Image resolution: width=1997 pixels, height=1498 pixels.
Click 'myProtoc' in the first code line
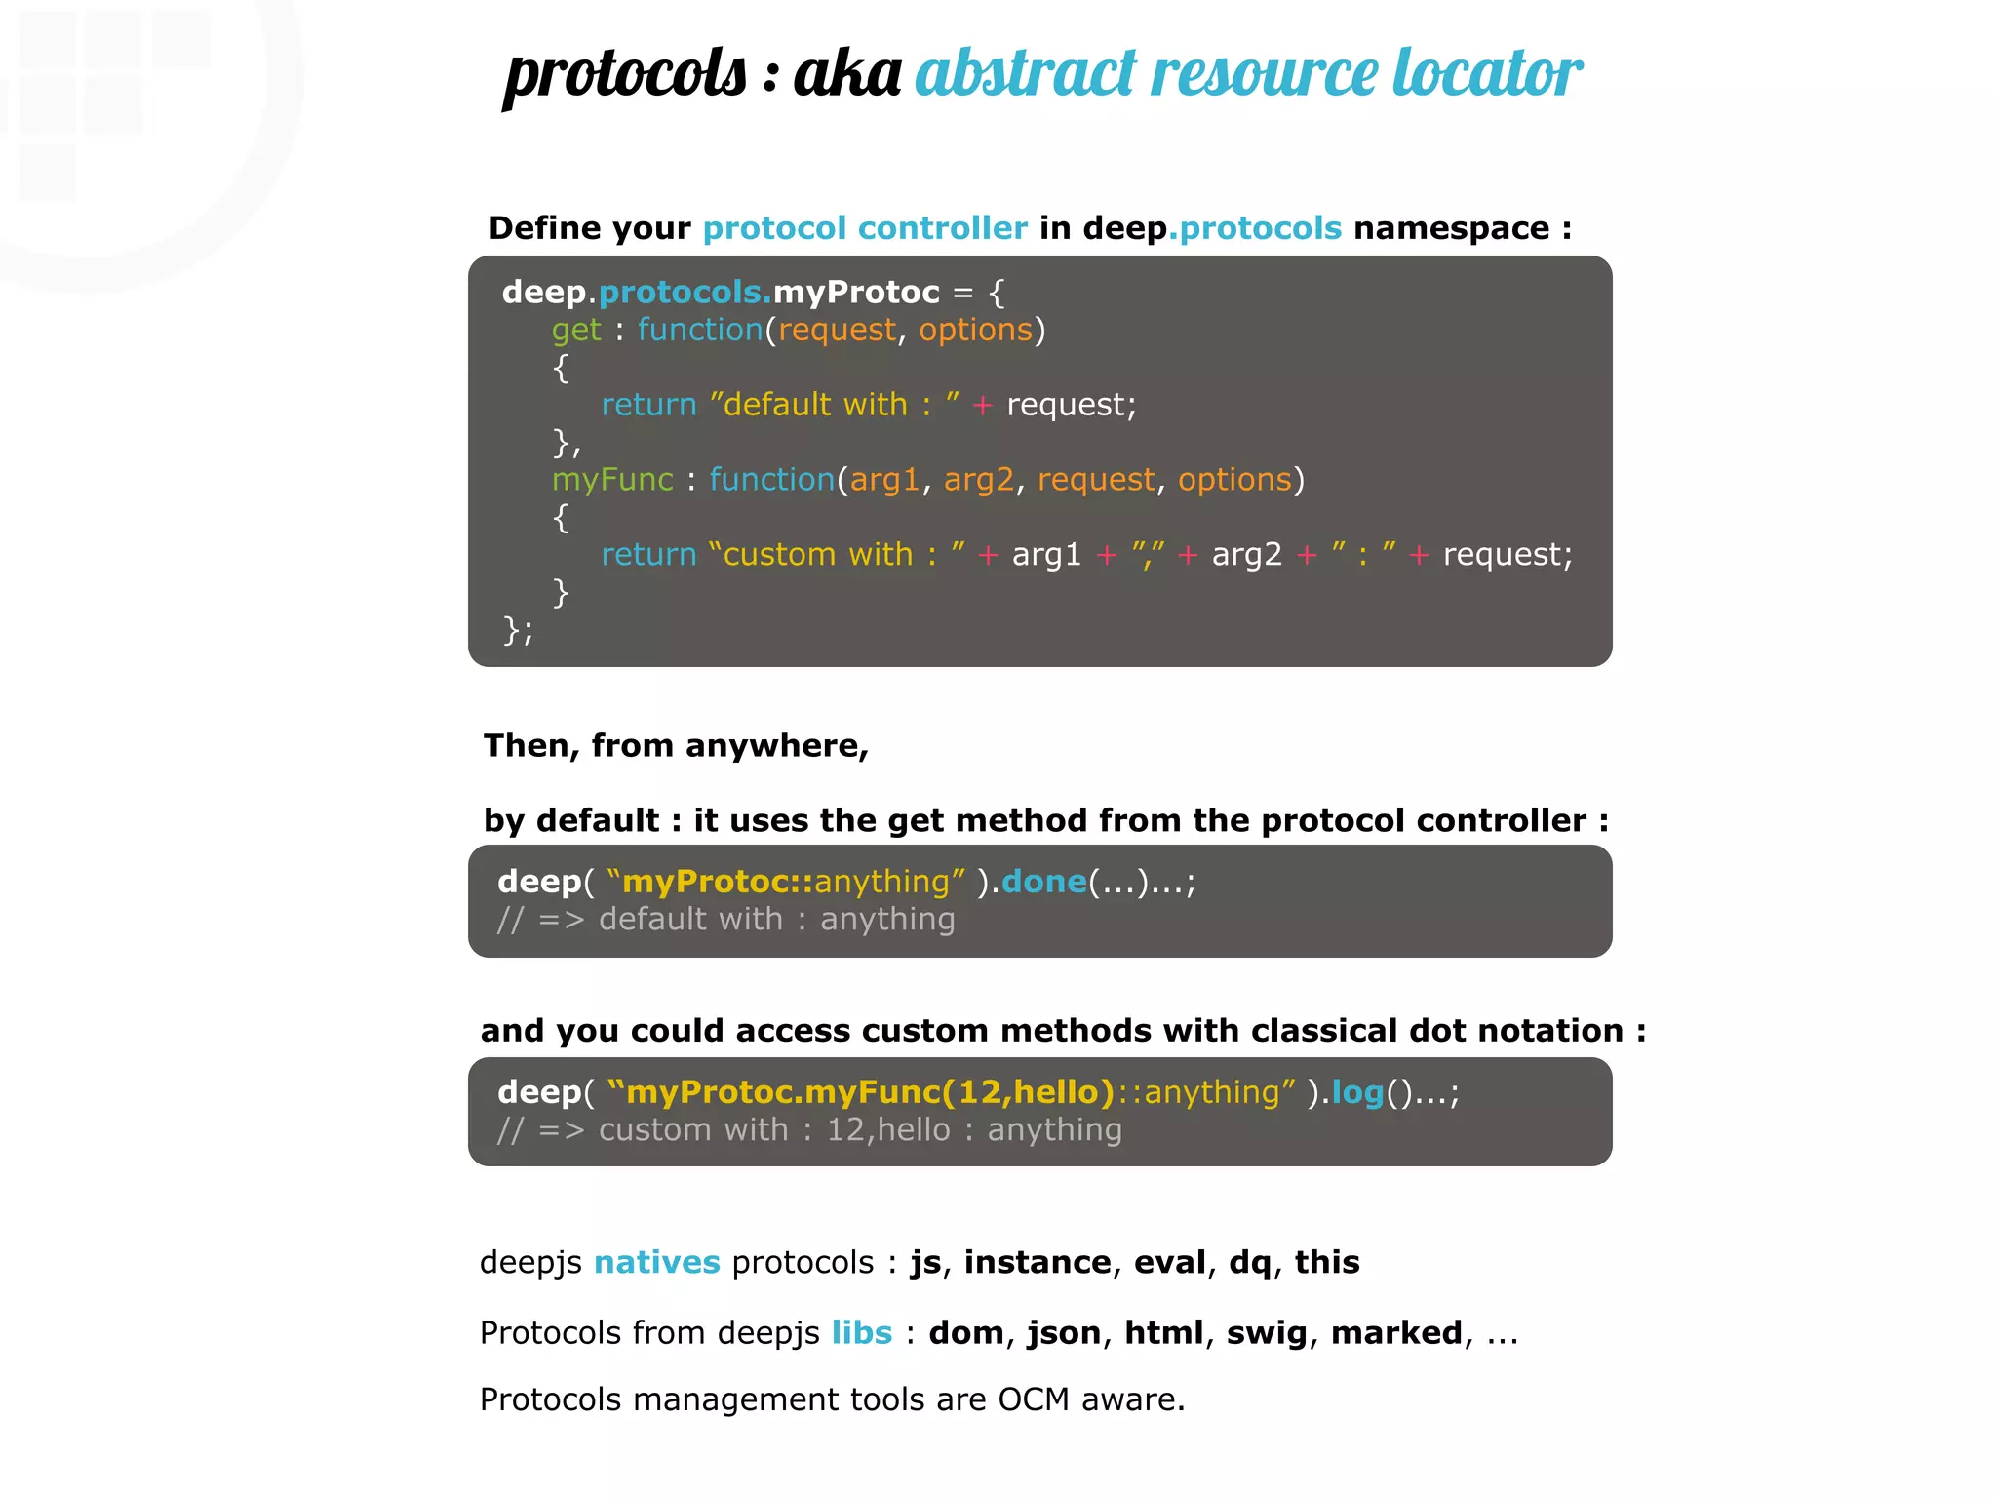point(856,292)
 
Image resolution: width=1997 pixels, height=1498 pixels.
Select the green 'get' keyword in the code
point(576,331)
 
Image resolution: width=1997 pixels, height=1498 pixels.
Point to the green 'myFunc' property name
point(612,480)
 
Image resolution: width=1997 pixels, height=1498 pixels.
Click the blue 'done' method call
point(1043,882)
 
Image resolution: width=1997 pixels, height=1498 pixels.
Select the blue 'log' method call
point(1357,1092)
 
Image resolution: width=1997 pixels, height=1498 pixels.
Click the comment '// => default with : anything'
point(726,920)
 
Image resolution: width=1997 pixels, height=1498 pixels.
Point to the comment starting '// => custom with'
point(809,1130)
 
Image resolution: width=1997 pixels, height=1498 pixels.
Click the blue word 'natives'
point(656,1263)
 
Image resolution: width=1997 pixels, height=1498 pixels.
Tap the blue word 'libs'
point(862,1333)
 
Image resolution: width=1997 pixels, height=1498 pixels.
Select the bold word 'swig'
point(1266,1333)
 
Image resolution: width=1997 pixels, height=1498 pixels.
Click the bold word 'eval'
point(1170,1263)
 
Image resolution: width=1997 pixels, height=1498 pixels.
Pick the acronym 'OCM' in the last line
point(1034,1400)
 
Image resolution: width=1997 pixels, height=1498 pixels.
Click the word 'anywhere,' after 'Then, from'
point(777,746)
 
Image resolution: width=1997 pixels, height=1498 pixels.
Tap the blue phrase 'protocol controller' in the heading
point(865,228)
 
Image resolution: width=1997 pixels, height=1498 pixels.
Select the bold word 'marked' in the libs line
point(1396,1333)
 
